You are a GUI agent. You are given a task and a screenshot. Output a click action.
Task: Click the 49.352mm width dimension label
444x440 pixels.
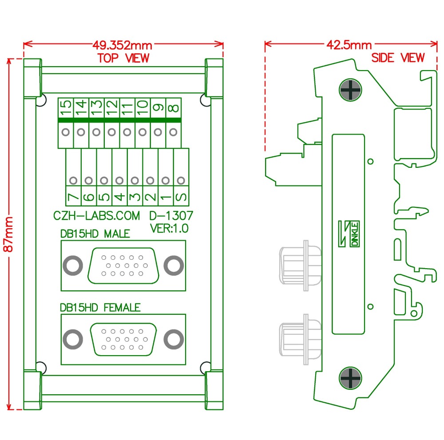pos(122,45)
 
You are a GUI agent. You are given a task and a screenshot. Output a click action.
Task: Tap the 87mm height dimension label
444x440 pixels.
pos(8,234)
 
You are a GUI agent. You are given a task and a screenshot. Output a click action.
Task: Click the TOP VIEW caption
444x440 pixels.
pos(123,58)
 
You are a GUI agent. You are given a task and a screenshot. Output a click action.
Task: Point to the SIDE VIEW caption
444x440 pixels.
pos(398,58)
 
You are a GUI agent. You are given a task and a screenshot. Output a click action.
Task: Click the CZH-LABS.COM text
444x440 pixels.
pos(96,216)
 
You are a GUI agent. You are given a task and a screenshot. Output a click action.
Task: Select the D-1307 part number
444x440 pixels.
pos(171,216)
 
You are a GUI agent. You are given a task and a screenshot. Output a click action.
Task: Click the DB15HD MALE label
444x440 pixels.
pos(95,234)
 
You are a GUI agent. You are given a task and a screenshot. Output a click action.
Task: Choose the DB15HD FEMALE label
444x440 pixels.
pos(100,307)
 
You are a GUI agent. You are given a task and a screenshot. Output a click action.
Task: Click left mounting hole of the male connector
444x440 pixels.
pos(72,266)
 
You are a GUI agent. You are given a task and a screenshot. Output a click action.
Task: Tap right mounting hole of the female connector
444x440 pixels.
pos(174,339)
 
